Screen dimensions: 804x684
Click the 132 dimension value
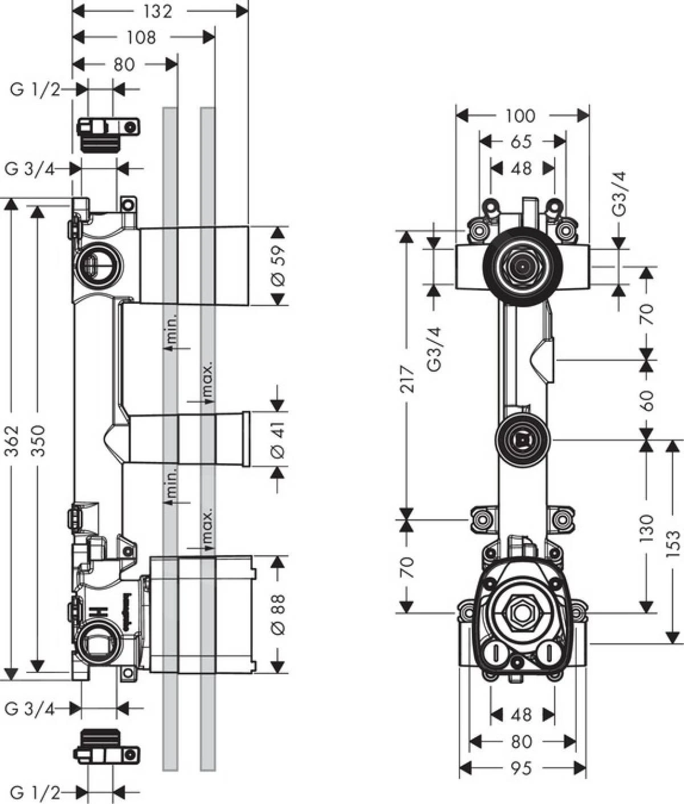point(158,11)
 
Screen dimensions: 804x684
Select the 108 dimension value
point(142,38)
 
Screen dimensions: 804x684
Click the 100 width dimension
point(520,116)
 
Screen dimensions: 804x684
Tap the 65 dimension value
point(521,141)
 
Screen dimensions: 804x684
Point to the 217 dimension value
point(406,379)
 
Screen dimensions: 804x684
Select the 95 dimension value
point(521,768)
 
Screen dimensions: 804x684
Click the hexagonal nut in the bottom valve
point(521,614)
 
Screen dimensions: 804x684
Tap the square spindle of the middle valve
point(521,439)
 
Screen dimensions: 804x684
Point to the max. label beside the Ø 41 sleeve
point(207,380)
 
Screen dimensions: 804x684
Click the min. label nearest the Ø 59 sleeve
point(172,330)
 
